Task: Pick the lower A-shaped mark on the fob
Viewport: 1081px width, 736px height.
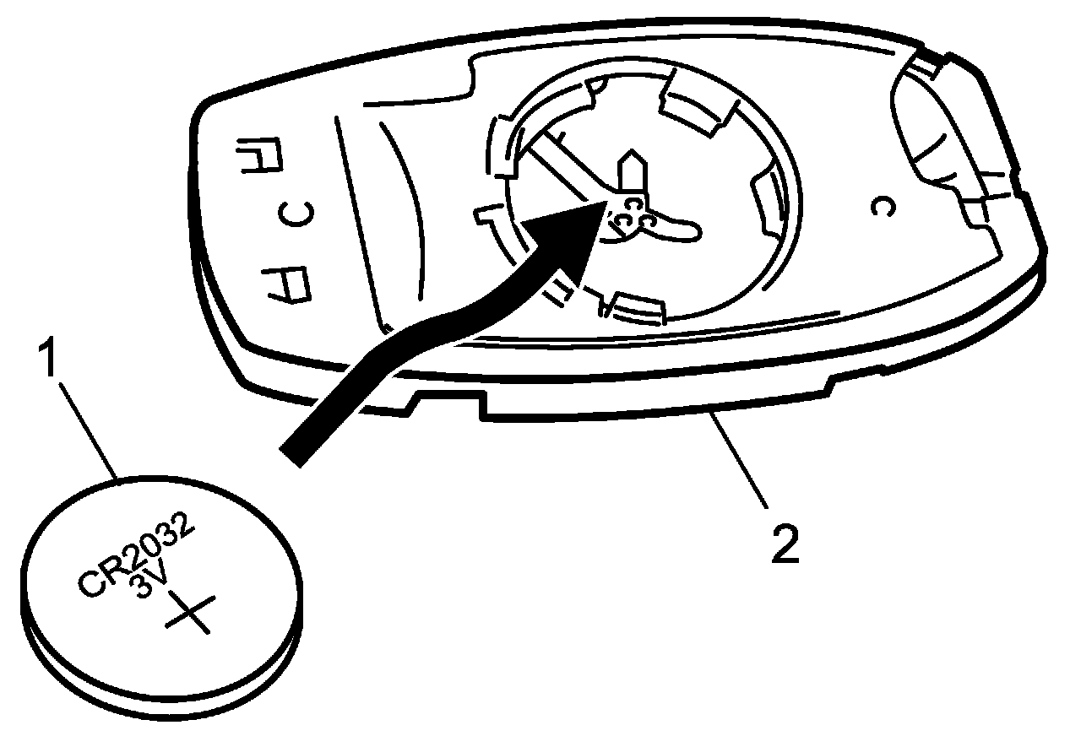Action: (285, 284)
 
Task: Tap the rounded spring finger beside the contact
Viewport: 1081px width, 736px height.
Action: (676, 224)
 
